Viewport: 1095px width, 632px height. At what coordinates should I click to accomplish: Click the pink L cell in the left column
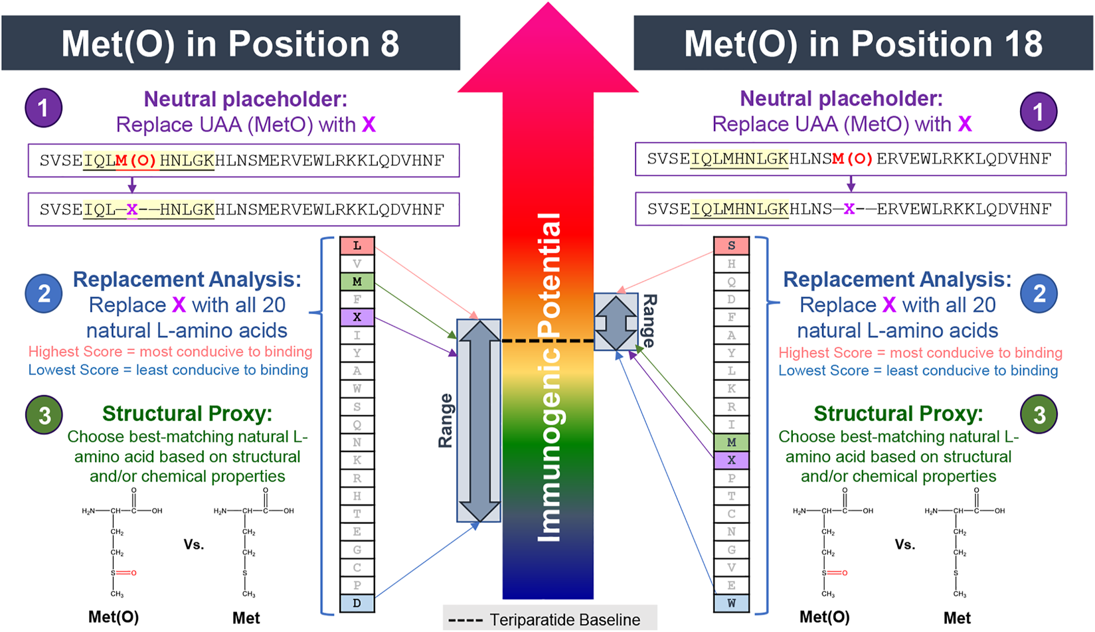[357, 246]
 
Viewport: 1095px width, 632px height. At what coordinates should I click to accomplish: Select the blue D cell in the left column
[357, 603]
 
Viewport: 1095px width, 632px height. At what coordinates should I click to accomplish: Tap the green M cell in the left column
[357, 281]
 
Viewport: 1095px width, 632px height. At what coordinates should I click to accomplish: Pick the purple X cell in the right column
[731, 460]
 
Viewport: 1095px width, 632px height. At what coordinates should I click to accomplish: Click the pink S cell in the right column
[731, 246]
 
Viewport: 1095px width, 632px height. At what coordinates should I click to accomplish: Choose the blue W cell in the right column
[731, 603]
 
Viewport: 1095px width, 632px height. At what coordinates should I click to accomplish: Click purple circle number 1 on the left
[44, 108]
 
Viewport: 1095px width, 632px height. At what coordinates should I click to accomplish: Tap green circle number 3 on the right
[1039, 415]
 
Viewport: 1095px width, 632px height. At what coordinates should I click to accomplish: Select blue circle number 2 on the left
[44, 293]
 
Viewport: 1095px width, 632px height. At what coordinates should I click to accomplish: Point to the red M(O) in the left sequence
[136, 161]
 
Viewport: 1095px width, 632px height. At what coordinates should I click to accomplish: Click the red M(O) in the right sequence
[853, 159]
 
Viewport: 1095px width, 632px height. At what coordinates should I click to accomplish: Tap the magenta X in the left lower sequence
[132, 210]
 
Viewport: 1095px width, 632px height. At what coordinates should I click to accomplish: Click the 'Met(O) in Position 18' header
[863, 44]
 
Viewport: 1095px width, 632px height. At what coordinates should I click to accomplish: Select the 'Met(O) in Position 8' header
[230, 44]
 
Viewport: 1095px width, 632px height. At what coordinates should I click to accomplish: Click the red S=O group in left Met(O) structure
[124, 572]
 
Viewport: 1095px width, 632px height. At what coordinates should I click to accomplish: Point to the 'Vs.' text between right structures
[904, 545]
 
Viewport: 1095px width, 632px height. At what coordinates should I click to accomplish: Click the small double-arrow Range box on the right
[616, 323]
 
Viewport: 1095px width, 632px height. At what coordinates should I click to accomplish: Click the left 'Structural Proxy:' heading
[187, 414]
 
